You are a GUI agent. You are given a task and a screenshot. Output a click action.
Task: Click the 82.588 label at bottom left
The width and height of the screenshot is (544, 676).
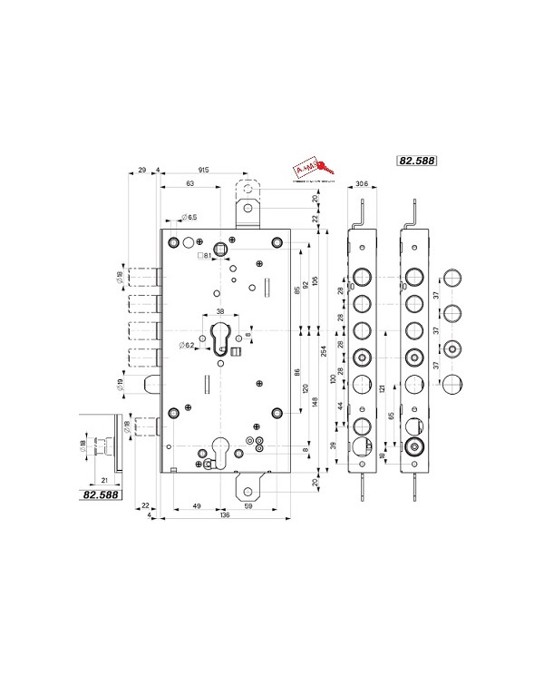click(102, 495)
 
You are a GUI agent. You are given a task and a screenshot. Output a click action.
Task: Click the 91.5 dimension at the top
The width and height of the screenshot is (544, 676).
click(205, 170)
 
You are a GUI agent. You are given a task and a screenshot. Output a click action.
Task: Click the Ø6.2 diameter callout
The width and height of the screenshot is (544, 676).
click(187, 346)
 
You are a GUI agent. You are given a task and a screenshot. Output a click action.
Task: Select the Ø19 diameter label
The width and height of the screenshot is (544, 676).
click(120, 385)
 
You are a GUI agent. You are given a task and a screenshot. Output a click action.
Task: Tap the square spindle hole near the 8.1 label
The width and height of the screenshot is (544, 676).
click(219, 249)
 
